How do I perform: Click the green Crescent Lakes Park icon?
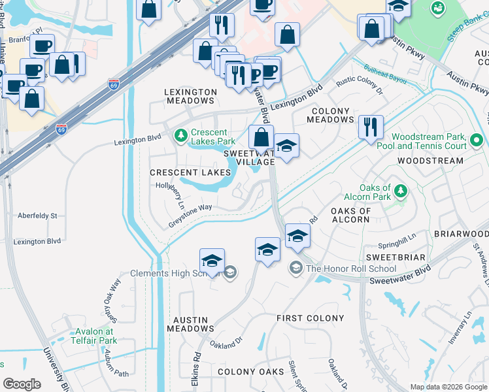(x=181, y=136)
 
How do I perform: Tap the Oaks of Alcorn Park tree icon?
(x=400, y=191)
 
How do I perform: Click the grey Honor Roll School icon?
(x=297, y=268)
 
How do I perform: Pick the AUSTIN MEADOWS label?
(x=190, y=325)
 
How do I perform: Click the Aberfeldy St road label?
(x=38, y=215)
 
